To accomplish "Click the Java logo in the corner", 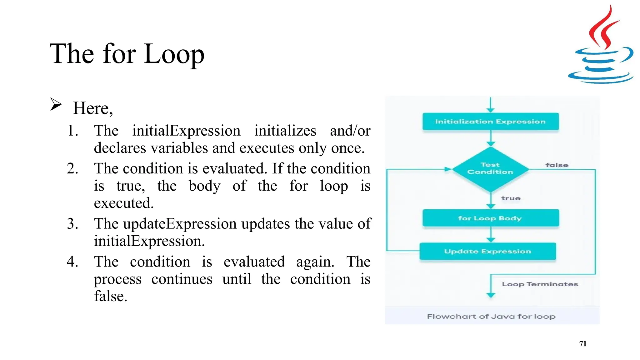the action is (x=601, y=45).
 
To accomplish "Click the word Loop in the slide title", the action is (x=174, y=54).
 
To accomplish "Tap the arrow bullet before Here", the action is (x=56, y=104).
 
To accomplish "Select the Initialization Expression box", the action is (x=490, y=122).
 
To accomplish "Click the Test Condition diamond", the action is (x=490, y=169).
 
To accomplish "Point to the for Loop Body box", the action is (x=490, y=218).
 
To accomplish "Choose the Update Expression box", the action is (x=487, y=251).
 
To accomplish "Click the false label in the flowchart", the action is (x=557, y=165).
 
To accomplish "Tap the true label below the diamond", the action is (x=511, y=198).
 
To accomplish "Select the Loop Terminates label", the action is (x=540, y=284).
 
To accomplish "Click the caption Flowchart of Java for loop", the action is (x=491, y=316).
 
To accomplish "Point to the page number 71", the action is (x=582, y=344).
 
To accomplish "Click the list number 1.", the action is (x=72, y=131).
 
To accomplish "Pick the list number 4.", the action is (x=72, y=262).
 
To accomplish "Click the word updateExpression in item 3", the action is (x=180, y=224).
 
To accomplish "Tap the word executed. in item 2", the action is (x=124, y=203).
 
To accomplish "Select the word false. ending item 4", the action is (x=111, y=296).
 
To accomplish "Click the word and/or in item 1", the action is (x=350, y=131).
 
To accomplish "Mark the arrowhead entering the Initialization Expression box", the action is (x=491, y=110).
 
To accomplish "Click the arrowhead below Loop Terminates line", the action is (x=491, y=295).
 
